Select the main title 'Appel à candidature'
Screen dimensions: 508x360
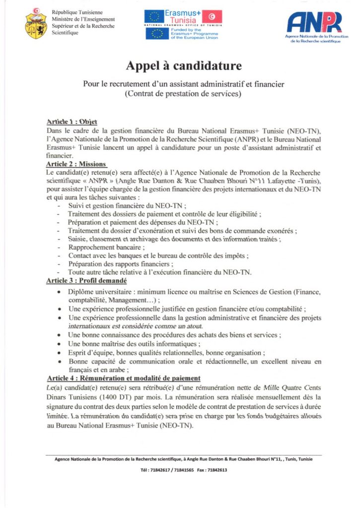(179, 65)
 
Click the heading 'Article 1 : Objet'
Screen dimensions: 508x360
(72, 122)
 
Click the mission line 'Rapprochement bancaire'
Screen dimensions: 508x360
(106, 247)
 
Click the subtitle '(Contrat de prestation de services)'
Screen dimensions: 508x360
(179, 93)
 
